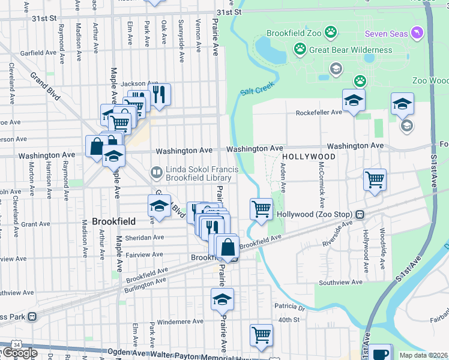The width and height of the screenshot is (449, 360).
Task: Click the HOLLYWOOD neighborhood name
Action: pyautogui.click(x=308, y=157)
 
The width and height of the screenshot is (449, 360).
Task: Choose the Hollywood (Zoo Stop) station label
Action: pyautogui.click(x=316, y=214)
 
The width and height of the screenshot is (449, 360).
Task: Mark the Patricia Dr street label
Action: pyautogui.click(x=289, y=308)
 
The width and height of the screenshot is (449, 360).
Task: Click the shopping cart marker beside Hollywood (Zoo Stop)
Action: pyautogui.click(x=261, y=209)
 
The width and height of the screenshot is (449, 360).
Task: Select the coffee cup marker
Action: pyautogui.click(x=381, y=352)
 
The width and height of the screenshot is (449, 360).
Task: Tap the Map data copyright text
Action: pyautogui.click(x=424, y=355)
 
